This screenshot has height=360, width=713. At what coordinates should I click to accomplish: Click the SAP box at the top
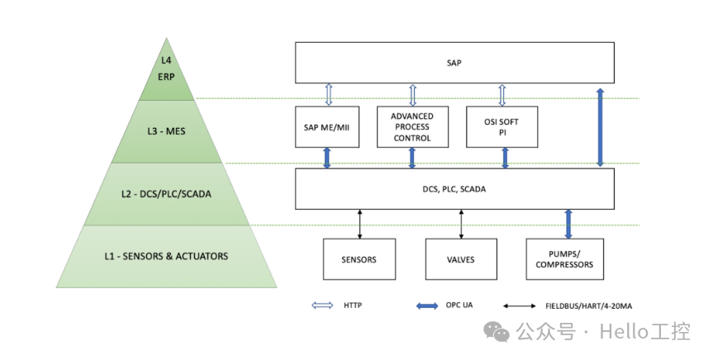pyautogui.click(x=454, y=63)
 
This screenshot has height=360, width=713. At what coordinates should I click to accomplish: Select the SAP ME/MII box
pyautogui.click(x=327, y=126)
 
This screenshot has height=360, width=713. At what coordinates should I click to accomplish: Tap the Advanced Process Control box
pyautogui.click(x=411, y=126)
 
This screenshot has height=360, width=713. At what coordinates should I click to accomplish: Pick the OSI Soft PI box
pyautogui.click(x=501, y=126)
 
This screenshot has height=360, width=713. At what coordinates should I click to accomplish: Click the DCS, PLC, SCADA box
pyautogui.click(x=454, y=188)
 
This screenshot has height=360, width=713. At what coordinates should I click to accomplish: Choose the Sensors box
pyautogui.click(x=359, y=259)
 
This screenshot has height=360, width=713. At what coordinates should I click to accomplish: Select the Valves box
pyautogui.click(x=461, y=259)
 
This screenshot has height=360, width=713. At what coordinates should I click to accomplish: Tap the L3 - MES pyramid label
pyautogui.click(x=167, y=131)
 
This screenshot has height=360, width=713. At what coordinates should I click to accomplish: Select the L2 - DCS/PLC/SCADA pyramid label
pyautogui.click(x=167, y=195)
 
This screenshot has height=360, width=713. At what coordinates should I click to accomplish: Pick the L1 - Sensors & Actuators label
pyautogui.click(x=167, y=256)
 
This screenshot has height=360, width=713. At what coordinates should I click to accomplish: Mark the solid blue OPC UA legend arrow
pyautogui.click(x=426, y=306)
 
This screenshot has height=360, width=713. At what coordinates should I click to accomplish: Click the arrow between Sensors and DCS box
pyautogui.click(x=359, y=223)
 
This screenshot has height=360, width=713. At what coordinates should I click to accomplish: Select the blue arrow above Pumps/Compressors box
pyautogui.click(x=568, y=223)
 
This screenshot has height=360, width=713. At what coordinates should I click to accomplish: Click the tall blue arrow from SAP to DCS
pyautogui.click(x=601, y=125)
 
